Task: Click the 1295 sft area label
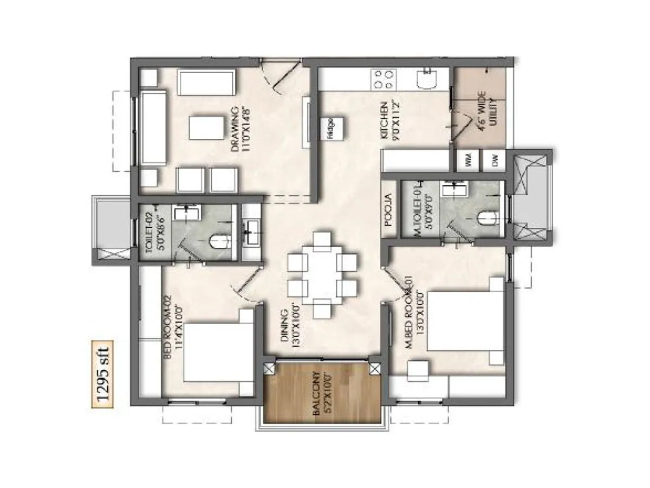pyautogui.click(x=102, y=374)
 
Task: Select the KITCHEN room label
pyautogui.click(x=388, y=121)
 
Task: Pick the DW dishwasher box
pyautogui.click(x=494, y=160)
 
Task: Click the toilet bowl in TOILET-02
pyautogui.click(x=218, y=241)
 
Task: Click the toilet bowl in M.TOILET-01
pyautogui.click(x=487, y=218)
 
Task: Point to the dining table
pyautogui.click(x=323, y=275)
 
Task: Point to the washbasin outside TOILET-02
pyautogui.click(x=252, y=233)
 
